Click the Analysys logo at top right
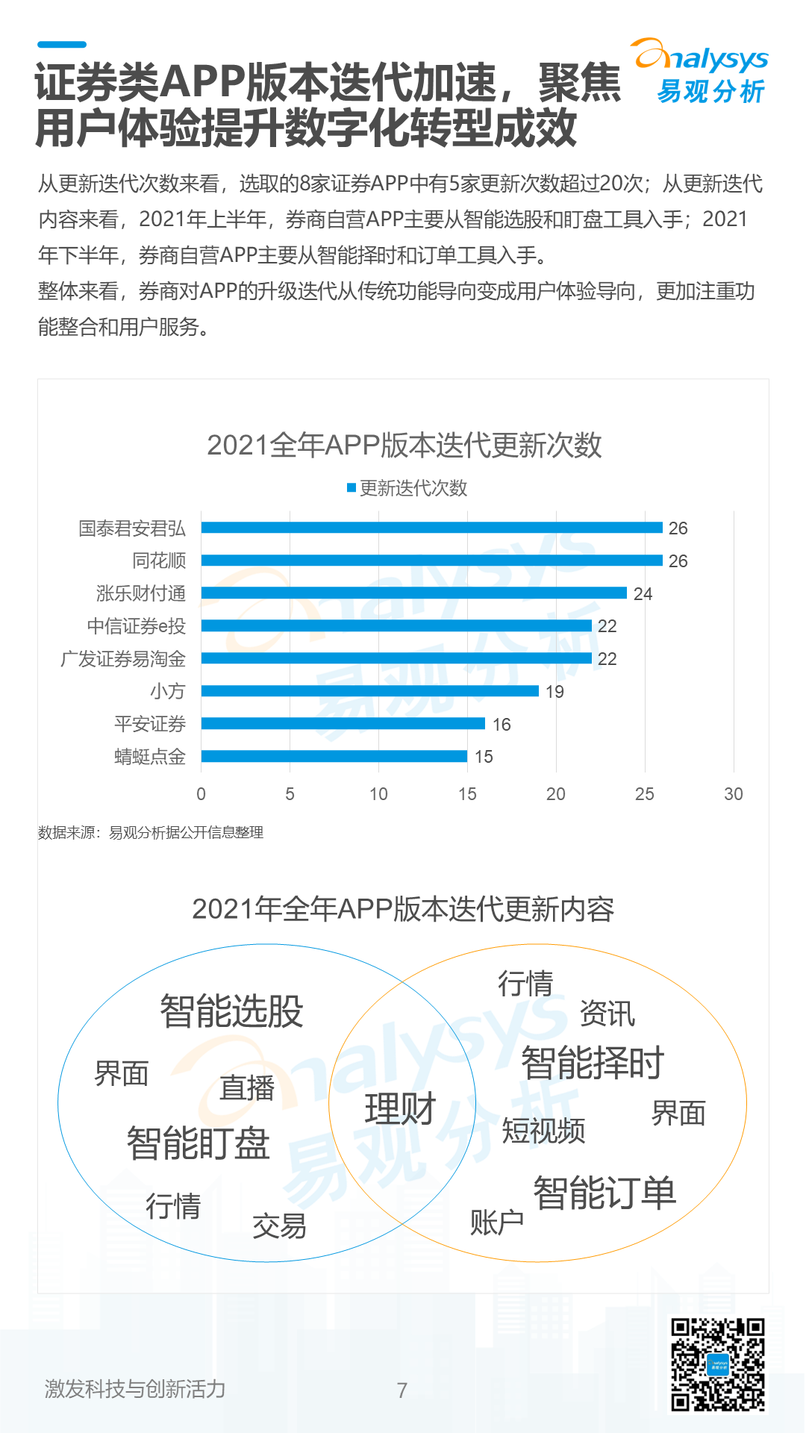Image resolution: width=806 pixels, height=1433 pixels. tap(702, 71)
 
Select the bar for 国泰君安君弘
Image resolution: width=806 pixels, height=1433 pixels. tap(431, 528)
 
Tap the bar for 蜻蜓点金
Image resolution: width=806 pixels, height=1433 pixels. tap(334, 756)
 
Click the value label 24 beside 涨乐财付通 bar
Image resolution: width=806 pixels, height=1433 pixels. tap(643, 594)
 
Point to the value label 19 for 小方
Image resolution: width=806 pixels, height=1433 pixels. tap(554, 692)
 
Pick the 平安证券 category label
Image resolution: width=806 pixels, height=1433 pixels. tap(150, 724)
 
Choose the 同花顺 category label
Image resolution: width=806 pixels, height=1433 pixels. tap(159, 561)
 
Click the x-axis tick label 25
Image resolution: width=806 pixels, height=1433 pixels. tap(644, 794)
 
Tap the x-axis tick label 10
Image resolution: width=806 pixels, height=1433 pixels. tap(378, 794)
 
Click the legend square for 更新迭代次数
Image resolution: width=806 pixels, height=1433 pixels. tap(352, 488)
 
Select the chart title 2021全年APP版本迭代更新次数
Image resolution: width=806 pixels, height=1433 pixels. tap(404, 445)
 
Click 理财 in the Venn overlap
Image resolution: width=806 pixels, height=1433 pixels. tap(400, 1108)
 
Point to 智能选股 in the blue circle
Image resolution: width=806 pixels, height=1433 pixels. tap(231, 1011)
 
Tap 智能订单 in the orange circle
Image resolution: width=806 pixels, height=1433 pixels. tap(604, 1193)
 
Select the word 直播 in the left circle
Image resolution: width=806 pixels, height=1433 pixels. tap(247, 1087)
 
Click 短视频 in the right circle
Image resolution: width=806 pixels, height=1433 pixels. tap(543, 1131)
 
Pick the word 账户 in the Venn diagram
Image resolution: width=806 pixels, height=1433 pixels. tap(496, 1223)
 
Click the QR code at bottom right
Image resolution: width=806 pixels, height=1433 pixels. tap(717, 1364)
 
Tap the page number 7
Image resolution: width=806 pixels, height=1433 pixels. tap(402, 1390)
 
